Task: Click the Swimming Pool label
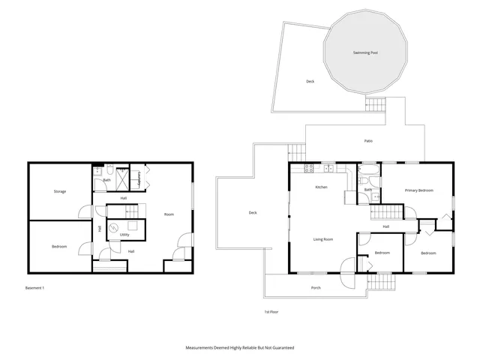click(365, 52)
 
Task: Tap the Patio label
click(368, 141)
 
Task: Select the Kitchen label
click(321, 187)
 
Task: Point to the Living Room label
click(323, 239)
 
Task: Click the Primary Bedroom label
click(419, 190)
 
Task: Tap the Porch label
click(316, 287)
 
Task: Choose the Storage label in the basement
click(59, 191)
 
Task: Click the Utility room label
click(124, 235)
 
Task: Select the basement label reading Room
click(169, 214)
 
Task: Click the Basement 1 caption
click(35, 287)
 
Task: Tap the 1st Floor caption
click(271, 311)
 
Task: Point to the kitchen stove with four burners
click(328, 167)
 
